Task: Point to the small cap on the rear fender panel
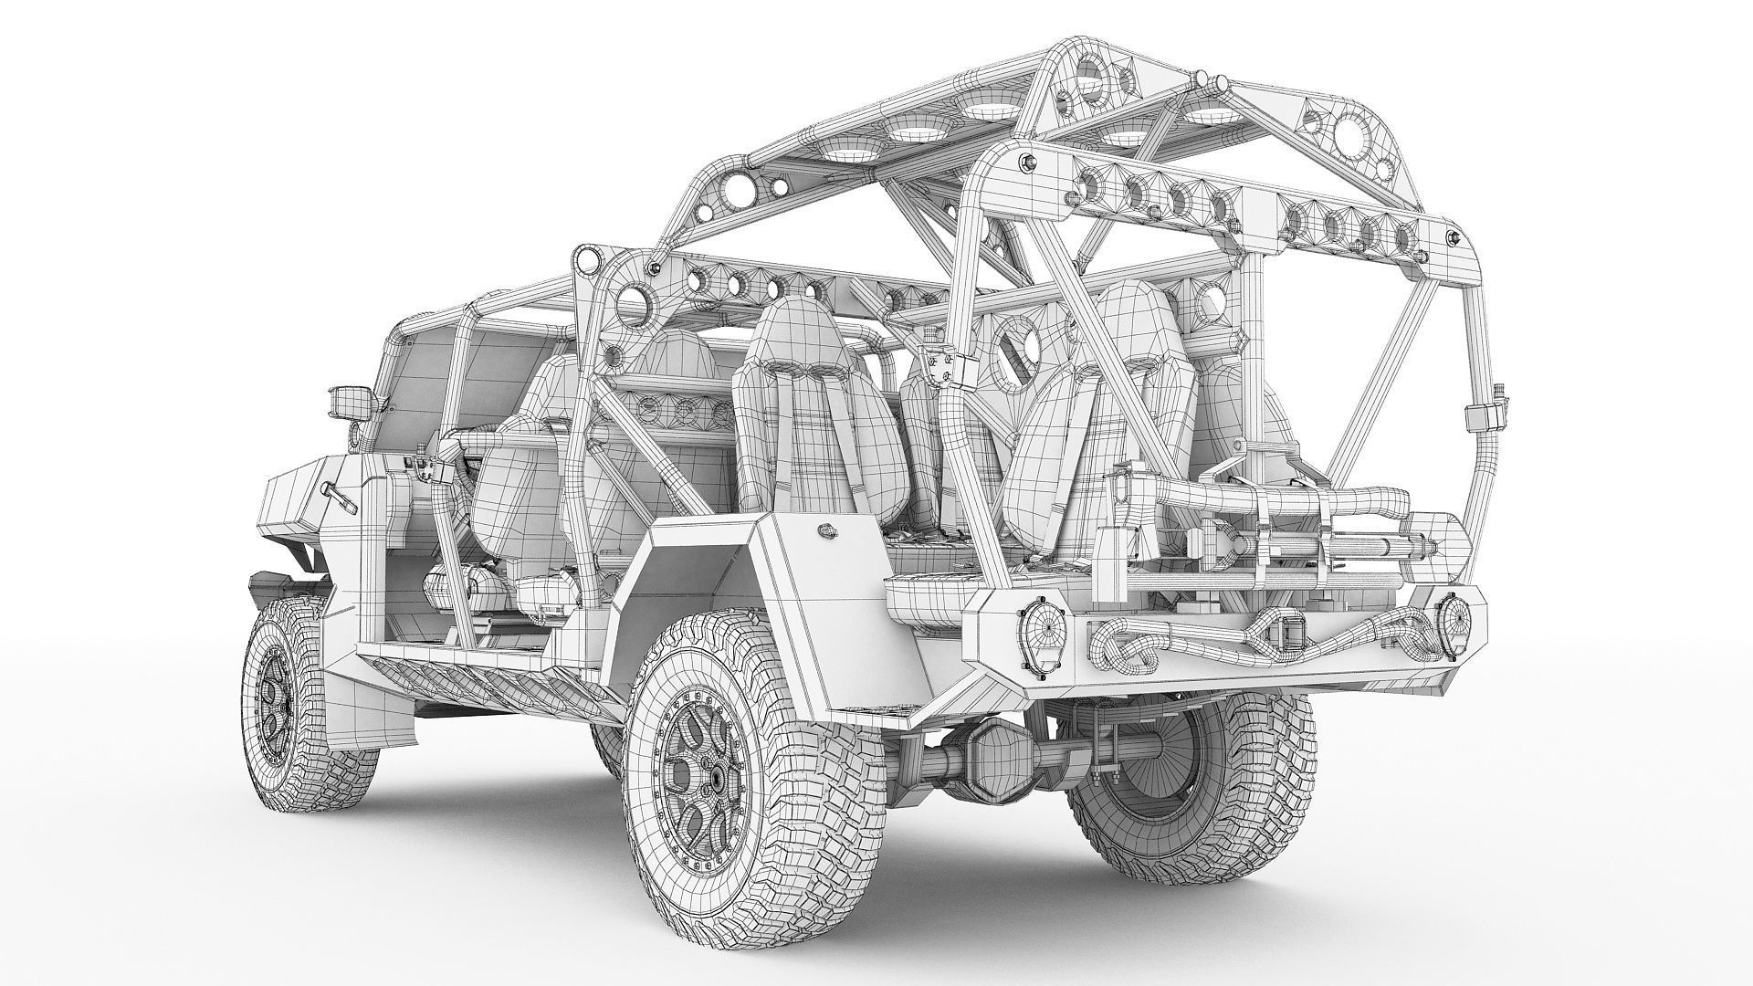825,528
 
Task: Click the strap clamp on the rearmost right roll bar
1484,417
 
